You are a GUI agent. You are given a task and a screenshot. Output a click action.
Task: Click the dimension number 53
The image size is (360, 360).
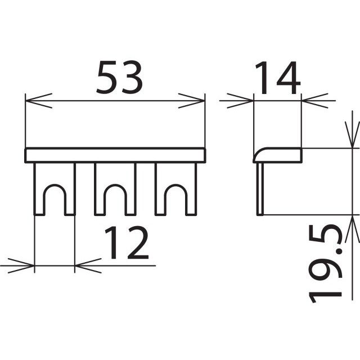[x=119, y=78]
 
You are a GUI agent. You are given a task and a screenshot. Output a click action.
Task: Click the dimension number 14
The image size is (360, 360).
[x=278, y=78]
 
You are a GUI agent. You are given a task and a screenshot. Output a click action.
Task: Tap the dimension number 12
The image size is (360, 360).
[x=127, y=242]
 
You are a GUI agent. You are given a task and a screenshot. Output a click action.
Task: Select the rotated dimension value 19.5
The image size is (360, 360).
[x=325, y=264]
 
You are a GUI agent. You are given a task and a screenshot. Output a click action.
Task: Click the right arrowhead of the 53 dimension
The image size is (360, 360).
[x=191, y=101]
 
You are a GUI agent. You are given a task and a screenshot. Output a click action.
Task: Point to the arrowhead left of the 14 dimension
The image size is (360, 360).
[x=240, y=101]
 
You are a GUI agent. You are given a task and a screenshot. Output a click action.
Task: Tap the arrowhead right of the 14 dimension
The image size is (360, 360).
[x=314, y=101]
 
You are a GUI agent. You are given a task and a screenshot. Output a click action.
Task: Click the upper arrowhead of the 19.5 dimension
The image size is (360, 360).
[x=352, y=135]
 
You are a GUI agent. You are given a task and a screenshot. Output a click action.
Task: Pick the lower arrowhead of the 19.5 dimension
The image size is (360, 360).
[x=352, y=229]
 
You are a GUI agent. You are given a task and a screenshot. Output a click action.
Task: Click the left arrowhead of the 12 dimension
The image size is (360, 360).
[x=21, y=265]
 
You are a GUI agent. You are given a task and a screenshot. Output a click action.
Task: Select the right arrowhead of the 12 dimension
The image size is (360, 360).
[x=88, y=265]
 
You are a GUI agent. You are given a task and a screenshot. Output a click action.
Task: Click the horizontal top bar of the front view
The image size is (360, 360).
[x=115, y=155]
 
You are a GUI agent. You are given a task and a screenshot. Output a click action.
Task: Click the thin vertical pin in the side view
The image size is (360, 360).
[x=260, y=189]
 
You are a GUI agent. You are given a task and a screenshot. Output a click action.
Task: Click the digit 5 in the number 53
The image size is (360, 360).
[x=107, y=78]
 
